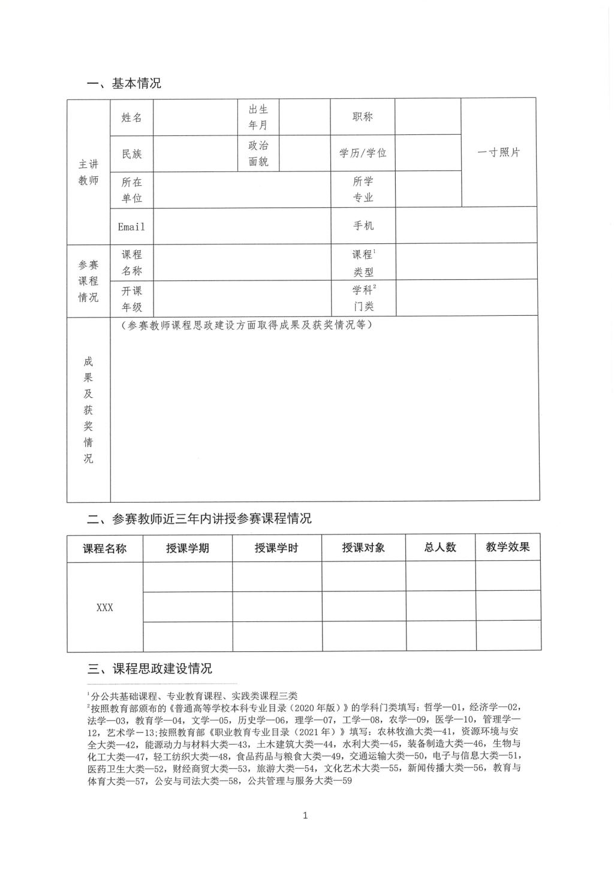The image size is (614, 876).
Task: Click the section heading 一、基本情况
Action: (124, 83)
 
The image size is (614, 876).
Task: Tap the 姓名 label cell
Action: (132, 117)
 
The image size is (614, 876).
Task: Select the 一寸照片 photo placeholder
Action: (498, 152)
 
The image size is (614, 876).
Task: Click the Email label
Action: (131, 226)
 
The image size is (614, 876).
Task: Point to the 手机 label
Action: (363, 225)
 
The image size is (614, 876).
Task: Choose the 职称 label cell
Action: (362, 117)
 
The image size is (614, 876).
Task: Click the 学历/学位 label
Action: (363, 153)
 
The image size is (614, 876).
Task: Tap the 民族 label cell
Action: (132, 154)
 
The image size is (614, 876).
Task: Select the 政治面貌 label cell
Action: (258, 153)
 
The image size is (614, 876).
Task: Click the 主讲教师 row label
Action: (88, 172)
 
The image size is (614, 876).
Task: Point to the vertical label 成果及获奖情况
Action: (88, 410)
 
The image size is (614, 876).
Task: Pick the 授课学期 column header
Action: (188, 548)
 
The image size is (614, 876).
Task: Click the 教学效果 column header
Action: (508, 546)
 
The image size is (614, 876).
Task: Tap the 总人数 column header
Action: (440, 547)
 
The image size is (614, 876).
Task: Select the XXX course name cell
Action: (105, 607)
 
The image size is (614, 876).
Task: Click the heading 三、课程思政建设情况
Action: (150, 668)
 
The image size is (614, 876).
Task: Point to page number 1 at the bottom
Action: (306, 815)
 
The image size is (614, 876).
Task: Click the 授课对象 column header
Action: (363, 548)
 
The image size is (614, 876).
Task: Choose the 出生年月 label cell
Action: (258, 117)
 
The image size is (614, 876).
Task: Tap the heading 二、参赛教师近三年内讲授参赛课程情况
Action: (200, 518)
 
